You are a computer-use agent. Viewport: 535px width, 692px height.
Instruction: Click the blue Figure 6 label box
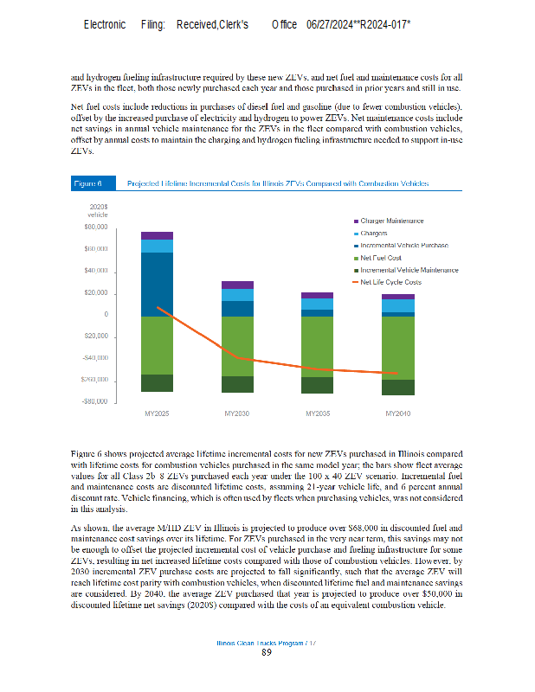pos(87,183)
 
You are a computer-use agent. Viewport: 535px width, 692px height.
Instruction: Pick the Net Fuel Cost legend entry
pos(381,258)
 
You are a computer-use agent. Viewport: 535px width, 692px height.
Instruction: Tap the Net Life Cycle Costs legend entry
pos(390,282)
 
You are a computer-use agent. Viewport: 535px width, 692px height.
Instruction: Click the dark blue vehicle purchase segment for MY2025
pos(157,284)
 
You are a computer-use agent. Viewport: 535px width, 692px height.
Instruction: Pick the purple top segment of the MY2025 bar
pos(157,235)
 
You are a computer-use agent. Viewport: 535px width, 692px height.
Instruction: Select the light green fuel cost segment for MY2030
pos(237,346)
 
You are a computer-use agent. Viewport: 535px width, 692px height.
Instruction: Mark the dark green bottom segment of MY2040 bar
pos(397,388)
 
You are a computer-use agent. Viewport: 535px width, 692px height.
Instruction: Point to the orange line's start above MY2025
pos(157,307)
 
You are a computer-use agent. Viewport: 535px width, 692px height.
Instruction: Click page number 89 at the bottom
pos(267,652)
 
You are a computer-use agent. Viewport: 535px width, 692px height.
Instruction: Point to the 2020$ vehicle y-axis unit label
pos(98,210)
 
